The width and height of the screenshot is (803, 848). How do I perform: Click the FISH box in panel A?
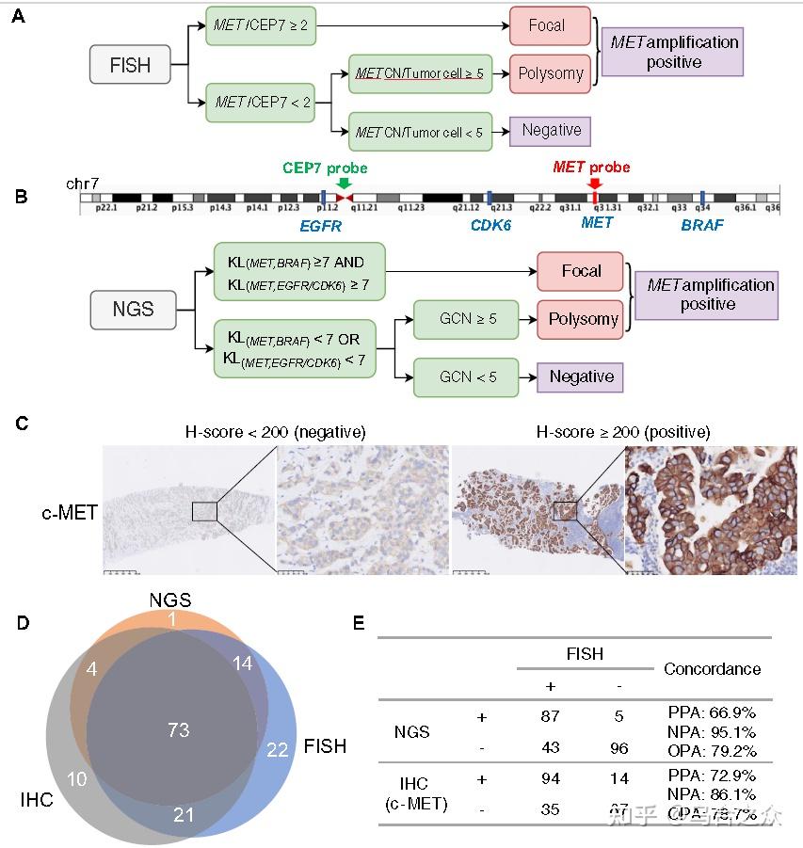[x=131, y=66]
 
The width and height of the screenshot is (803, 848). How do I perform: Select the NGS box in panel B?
[x=133, y=308]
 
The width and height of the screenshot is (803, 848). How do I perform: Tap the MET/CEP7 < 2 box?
[x=263, y=101]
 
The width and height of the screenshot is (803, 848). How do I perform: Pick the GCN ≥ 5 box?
[x=467, y=320]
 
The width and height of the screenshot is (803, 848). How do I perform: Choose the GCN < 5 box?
[x=467, y=376]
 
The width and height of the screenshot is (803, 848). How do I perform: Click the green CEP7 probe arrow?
[x=343, y=184]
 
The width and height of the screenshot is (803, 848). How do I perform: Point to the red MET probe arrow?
[x=595, y=184]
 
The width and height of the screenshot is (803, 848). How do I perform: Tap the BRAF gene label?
[x=703, y=226]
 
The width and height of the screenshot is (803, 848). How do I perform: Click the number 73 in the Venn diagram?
[x=178, y=729]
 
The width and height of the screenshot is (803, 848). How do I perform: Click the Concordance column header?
[x=712, y=669]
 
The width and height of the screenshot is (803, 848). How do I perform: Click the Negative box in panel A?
[x=552, y=130]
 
